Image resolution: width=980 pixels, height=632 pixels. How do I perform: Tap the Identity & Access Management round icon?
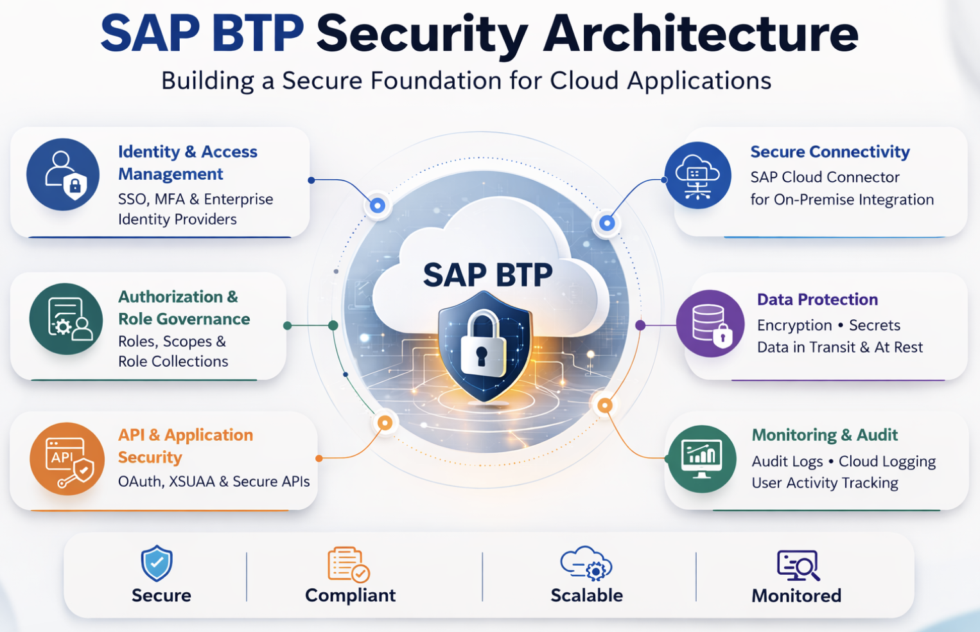coord(63,175)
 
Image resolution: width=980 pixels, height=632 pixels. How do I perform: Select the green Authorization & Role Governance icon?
coord(66,319)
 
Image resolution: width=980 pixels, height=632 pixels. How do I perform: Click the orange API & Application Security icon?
coord(67,459)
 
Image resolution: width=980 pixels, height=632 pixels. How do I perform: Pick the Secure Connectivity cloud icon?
coord(697,175)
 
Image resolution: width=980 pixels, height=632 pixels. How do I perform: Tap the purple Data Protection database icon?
coord(710,324)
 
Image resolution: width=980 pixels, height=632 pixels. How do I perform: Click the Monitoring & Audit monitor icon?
coord(702,459)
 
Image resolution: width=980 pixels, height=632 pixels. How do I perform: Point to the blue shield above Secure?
coord(157,563)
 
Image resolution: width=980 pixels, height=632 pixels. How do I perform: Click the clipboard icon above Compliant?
coord(349,565)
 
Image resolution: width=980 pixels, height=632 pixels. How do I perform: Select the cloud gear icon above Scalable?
coord(586,563)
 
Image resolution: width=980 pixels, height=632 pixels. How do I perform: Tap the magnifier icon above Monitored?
coord(798,565)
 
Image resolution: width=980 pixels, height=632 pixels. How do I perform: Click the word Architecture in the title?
coord(701,33)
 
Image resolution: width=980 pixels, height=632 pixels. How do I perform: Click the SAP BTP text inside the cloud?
coord(488,275)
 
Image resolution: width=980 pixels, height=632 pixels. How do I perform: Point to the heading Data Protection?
coord(818,299)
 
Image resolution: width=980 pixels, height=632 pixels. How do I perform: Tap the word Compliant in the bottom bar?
coord(351,595)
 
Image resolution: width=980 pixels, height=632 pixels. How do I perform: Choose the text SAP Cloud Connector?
coord(825,177)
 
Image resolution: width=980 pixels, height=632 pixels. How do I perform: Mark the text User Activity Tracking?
coord(825,483)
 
